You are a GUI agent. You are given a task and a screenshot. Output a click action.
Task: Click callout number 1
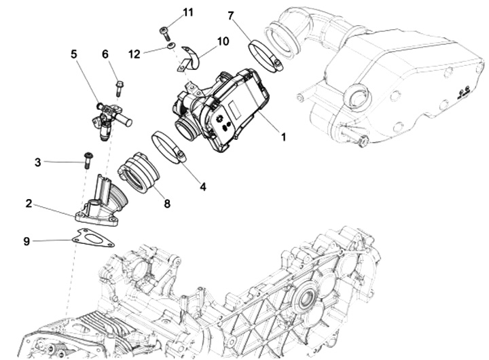coord(283,137)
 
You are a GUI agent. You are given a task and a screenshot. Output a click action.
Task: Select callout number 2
coord(29,203)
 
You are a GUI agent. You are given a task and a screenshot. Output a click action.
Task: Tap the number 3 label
coord(38,162)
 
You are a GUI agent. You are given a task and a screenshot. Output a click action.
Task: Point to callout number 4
coord(202,185)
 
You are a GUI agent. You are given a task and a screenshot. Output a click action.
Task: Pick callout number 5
coord(74,54)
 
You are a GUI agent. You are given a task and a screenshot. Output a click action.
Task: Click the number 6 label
coord(105,54)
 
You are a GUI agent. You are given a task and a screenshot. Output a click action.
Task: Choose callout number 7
coord(231,15)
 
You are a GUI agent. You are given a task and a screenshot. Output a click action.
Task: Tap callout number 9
coord(26,240)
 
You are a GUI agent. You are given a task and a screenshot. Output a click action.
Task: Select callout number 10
coord(223,41)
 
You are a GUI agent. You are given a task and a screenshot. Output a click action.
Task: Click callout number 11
coord(188,13)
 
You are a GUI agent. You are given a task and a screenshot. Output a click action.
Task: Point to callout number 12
coord(134,52)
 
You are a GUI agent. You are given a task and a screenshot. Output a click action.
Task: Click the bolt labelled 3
coord(88,160)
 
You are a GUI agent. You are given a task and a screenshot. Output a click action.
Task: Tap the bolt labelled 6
coord(120,88)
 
